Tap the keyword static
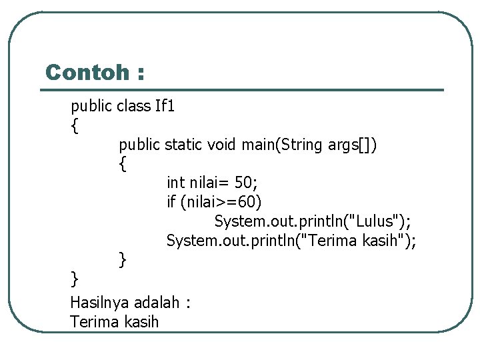183,144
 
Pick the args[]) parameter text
353,144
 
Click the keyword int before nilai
176,182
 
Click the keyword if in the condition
171,201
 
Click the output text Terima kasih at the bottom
115,322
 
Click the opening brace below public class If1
75,125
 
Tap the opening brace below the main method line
123,163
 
